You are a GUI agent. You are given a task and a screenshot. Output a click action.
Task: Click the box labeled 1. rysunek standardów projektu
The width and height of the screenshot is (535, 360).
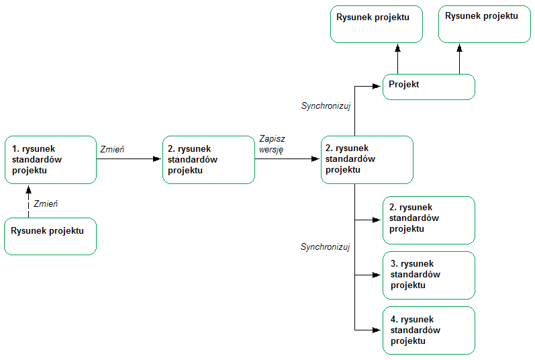(50, 160)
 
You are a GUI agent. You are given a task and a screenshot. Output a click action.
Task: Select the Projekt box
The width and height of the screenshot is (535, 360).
(429, 87)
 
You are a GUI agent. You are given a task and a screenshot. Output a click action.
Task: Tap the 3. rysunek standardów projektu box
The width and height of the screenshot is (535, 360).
(429, 275)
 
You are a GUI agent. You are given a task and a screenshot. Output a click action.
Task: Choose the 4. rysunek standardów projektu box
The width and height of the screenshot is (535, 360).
(429, 330)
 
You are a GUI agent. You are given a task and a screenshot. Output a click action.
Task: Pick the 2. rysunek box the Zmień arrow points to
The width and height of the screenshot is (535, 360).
(209, 160)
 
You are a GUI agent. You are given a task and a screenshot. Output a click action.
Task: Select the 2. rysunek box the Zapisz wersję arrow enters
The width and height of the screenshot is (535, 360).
(367, 160)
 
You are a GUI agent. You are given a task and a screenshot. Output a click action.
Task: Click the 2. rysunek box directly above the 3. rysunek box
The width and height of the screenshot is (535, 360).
(429, 220)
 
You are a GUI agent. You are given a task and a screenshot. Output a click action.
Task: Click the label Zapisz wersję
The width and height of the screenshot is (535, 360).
(272, 144)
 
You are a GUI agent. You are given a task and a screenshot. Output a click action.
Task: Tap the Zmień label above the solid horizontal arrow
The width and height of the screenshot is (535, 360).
(111, 148)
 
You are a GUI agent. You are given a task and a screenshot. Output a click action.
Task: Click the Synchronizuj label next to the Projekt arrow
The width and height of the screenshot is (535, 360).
(326, 106)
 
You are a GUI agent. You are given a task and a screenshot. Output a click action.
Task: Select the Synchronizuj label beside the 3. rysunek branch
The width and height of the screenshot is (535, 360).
(326, 247)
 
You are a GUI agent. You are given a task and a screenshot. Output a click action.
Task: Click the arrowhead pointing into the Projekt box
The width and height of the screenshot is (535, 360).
(379, 85)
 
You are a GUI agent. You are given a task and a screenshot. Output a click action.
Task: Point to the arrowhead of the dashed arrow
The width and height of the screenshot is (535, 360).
(29, 189)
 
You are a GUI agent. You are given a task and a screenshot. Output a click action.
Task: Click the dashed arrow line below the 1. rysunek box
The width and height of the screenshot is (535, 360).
(29, 205)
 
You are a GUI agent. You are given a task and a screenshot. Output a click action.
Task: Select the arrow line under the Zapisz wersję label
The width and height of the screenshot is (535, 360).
(285, 159)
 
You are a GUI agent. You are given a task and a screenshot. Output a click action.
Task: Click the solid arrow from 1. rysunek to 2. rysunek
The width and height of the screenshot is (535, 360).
(128, 159)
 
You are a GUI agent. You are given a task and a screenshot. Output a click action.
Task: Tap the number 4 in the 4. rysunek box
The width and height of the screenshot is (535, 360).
(393, 320)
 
